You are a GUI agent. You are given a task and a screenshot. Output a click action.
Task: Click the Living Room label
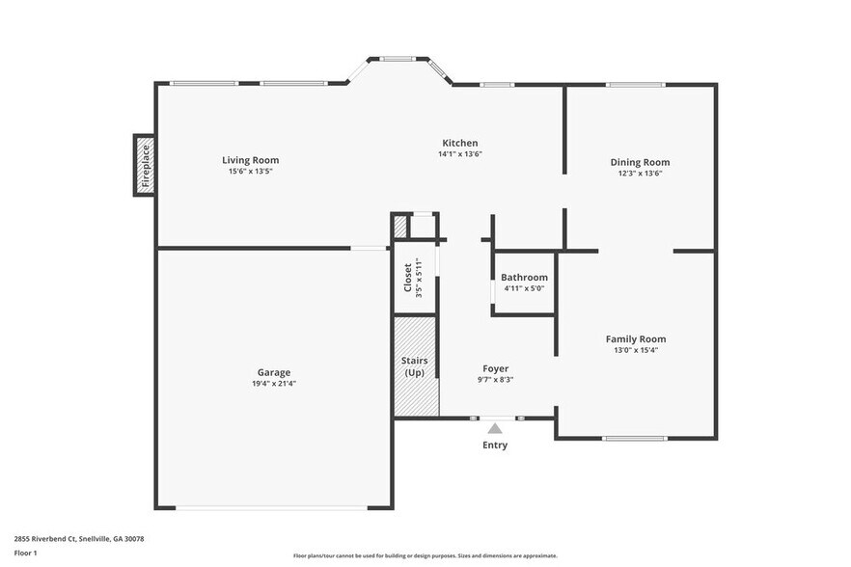pos(250,160)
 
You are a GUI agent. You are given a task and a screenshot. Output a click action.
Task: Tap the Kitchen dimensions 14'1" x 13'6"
pos(459,153)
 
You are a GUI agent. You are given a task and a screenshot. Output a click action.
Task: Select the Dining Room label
pos(639,162)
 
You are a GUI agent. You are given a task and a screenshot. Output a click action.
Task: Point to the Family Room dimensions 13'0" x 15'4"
pos(635,350)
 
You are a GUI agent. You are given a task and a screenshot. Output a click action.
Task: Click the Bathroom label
pos(524,278)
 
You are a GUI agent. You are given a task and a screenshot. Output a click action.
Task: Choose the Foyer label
pos(495,368)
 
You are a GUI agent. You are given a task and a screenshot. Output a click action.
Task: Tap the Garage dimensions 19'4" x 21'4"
pos(273,383)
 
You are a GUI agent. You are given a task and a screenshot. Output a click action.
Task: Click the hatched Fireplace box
pos(145,165)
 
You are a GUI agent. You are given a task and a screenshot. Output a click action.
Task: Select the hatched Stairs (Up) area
pos(415,366)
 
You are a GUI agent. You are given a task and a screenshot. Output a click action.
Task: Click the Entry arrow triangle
pos(495,428)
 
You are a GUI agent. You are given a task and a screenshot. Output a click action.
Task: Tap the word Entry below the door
pos(495,445)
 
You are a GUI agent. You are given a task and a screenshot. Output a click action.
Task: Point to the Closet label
pos(408,278)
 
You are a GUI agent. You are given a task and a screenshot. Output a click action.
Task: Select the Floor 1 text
pos(25,553)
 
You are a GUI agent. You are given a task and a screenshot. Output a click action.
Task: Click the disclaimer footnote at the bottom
pos(425,555)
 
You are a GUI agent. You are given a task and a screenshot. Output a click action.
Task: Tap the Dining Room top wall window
pos(634,85)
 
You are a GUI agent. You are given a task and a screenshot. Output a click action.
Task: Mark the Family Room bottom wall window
pos(634,439)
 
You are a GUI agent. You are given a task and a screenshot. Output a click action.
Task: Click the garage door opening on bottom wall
pos(273,508)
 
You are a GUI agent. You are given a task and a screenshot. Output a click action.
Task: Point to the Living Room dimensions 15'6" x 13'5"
pos(250,172)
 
